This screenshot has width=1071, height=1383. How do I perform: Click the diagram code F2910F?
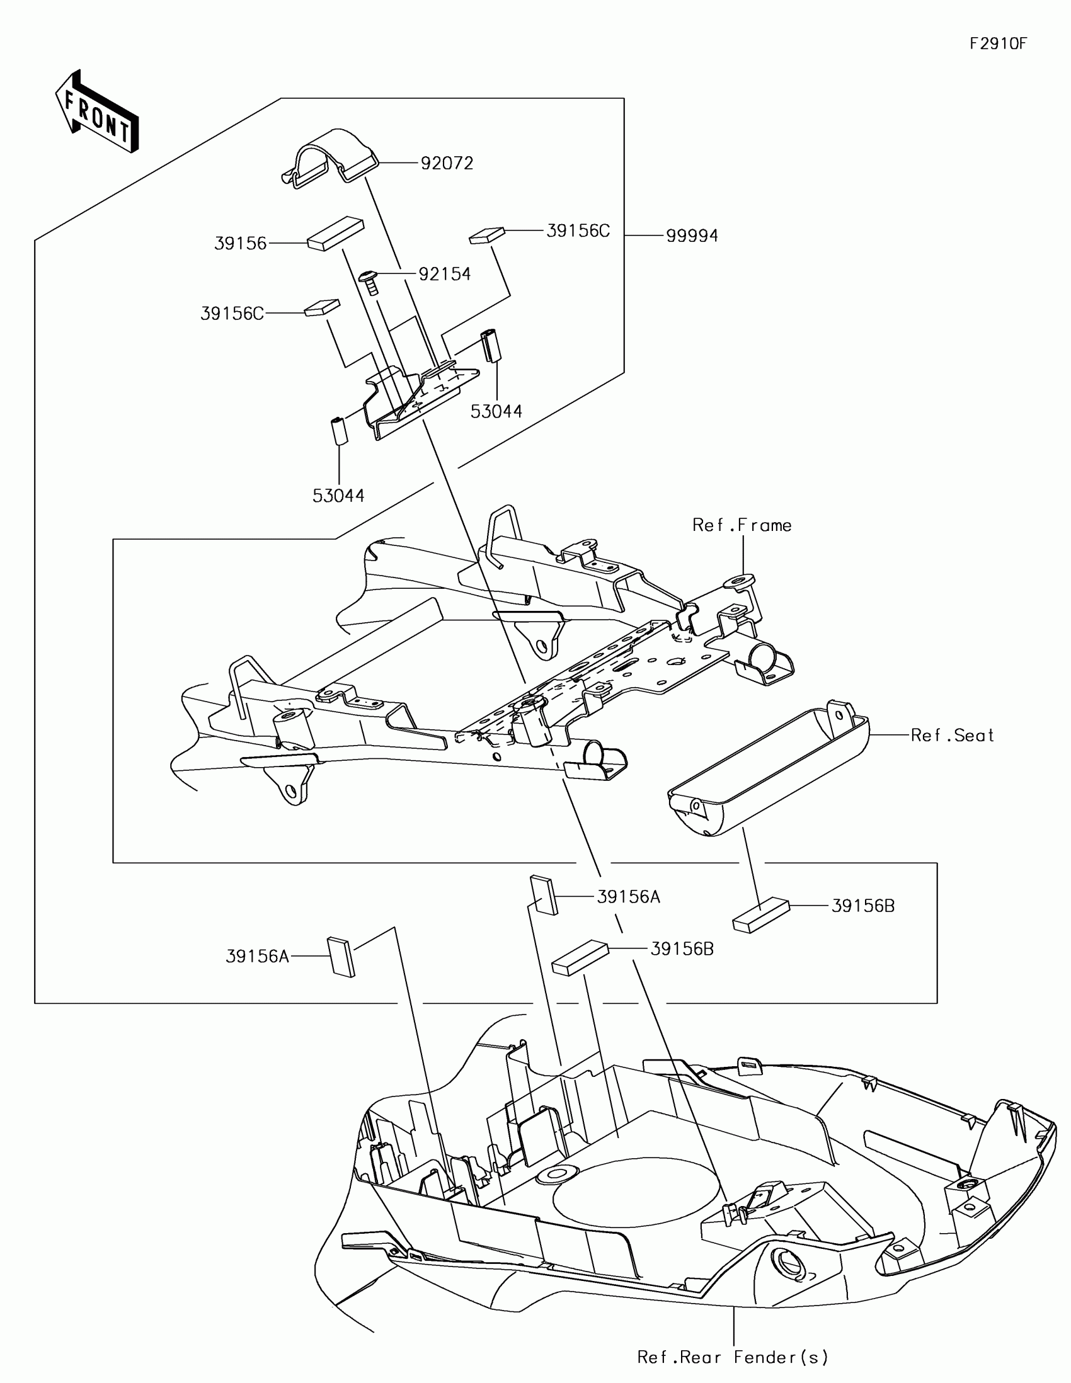click(998, 43)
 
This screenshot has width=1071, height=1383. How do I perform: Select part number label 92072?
click(447, 163)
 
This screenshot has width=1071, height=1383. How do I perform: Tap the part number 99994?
click(692, 236)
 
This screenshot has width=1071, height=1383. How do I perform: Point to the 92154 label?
click(445, 274)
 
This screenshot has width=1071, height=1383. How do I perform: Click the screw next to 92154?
click(370, 281)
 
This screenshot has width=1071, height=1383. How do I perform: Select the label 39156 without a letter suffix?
click(241, 244)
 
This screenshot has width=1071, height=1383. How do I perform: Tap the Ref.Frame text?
click(742, 526)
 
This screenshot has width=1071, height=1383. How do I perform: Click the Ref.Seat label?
click(952, 735)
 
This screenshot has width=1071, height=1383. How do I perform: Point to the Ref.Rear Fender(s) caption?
click(733, 1357)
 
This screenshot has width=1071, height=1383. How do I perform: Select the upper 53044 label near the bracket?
click(496, 412)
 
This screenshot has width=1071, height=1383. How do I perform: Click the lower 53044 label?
click(338, 496)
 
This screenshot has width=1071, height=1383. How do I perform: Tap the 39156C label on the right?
click(578, 231)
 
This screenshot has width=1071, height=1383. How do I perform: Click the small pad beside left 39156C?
click(323, 308)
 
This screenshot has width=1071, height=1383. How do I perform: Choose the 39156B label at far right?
click(862, 906)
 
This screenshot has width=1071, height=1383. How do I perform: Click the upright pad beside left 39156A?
click(341, 957)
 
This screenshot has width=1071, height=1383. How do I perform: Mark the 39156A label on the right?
click(628, 897)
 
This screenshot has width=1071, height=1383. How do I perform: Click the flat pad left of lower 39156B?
click(580, 957)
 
